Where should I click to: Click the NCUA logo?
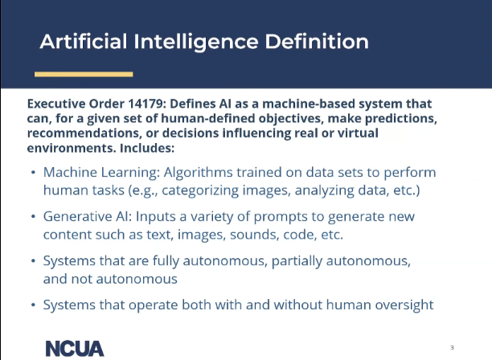click(x=75, y=349)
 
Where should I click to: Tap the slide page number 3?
click(x=452, y=347)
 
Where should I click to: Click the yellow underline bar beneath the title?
click(x=84, y=74)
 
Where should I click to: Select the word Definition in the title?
click(x=317, y=42)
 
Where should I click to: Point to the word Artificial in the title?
click(x=84, y=42)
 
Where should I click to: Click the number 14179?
click(x=146, y=104)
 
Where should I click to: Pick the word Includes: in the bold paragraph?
click(x=147, y=148)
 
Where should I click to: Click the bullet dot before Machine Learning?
click(x=33, y=173)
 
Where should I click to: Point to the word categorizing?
click(x=200, y=190)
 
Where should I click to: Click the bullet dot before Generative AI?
click(x=33, y=217)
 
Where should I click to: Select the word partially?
click(x=297, y=261)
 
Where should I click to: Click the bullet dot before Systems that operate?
click(x=33, y=305)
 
